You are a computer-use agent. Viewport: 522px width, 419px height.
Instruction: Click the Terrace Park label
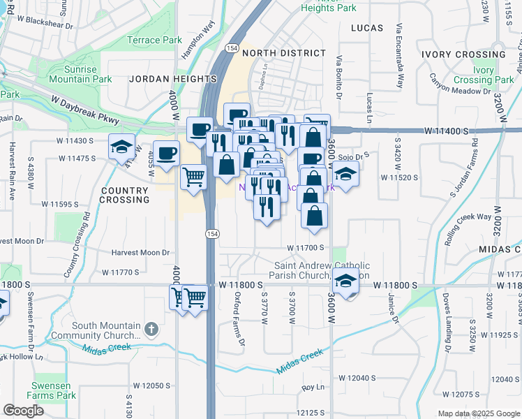coord(154,41)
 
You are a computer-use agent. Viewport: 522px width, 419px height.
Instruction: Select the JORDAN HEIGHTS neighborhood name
coord(163,80)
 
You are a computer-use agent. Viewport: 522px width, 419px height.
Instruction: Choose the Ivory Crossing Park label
coord(493,75)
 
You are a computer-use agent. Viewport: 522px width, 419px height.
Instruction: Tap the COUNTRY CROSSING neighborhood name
coord(125,195)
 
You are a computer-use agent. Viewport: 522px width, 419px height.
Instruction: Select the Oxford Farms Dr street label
coord(239,318)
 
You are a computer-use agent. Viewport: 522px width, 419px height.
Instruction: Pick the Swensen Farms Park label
coord(54,390)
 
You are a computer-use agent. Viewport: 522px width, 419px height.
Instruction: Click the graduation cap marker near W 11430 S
coord(121,147)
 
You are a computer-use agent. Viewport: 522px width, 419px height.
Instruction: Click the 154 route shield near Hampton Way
coord(231,47)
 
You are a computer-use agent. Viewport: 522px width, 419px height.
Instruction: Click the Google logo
coord(24,411)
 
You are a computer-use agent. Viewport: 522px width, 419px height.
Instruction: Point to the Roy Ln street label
coord(313,387)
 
